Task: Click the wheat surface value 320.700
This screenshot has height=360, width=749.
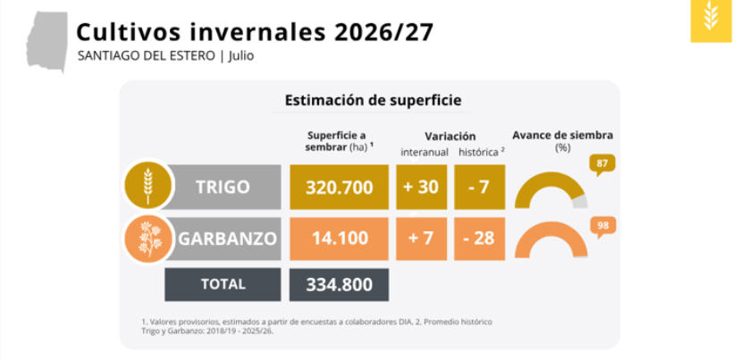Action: (339, 188)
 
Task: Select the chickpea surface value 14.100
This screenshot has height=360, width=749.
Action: (339, 238)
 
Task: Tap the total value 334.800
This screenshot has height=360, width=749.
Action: (339, 285)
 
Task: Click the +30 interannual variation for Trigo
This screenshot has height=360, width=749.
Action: (421, 188)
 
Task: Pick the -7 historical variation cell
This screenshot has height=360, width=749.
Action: (480, 188)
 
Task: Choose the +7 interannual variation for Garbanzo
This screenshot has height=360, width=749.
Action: (421, 238)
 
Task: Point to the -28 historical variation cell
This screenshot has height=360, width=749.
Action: (480, 238)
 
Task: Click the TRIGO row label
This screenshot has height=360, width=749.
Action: (223, 188)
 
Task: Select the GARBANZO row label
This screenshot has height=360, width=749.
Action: (227, 238)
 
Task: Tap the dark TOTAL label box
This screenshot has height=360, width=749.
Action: (223, 285)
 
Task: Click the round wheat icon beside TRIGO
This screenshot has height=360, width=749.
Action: (148, 186)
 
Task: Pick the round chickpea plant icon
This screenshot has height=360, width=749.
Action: (148, 239)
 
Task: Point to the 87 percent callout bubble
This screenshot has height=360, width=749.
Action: (602, 164)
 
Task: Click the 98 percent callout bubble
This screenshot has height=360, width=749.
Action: (602, 225)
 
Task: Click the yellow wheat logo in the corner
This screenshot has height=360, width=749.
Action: (711, 21)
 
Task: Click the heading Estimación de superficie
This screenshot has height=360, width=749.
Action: (373, 101)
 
